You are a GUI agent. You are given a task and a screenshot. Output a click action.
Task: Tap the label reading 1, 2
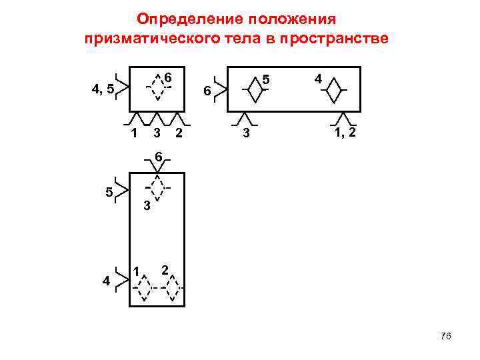pyautogui.click(x=345, y=133)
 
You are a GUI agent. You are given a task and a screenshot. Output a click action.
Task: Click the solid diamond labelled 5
pyautogui.click(x=255, y=89)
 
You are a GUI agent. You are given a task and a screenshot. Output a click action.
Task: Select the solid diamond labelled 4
pyautogui.click(x=333, y=91)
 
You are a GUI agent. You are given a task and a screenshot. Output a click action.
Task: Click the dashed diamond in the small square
pyautogui.click(x=158, y=85)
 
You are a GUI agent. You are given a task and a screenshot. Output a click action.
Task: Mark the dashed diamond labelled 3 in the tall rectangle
pyautogui.click(x=157, y=187)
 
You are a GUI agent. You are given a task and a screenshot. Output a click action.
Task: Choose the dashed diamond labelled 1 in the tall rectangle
pyautogui.click(x=143, y=289)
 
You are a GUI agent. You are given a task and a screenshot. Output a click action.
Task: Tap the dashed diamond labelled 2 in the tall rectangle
pyautogui.click(x=172, y=289)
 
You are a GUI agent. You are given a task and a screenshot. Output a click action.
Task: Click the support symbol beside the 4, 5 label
pyautogui.click(x=122, y=87)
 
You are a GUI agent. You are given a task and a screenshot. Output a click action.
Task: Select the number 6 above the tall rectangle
pyautogui.click(x=157, y=156)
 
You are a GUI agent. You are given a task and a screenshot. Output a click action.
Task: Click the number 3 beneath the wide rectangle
pyautogui.click(x=246, y=134)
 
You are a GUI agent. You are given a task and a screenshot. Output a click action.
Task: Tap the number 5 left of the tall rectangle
pyautogui.click(x=108, y=192)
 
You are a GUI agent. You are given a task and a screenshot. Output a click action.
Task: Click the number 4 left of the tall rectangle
pyautogui.click(x=107, y=281)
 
